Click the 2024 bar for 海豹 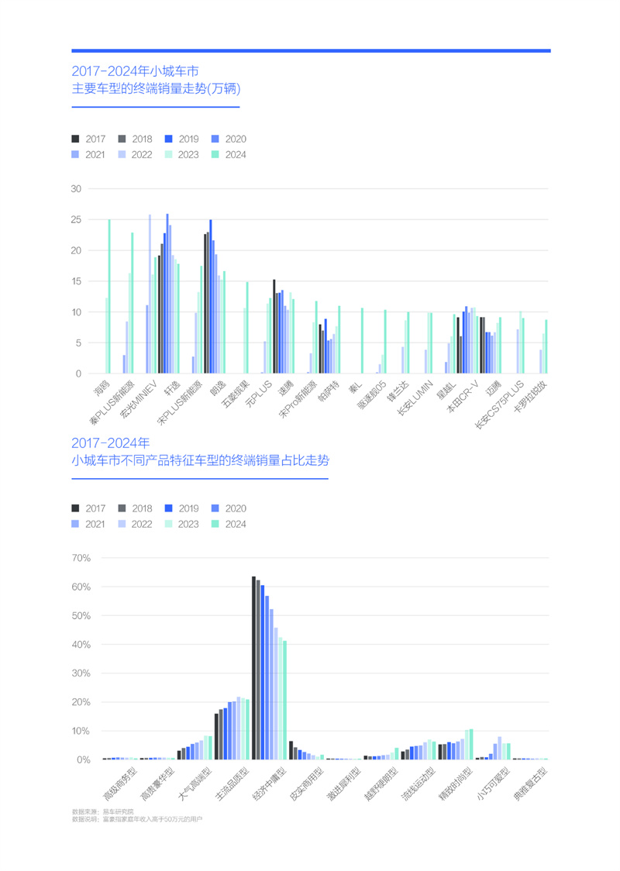109,296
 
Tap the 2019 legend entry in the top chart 182,139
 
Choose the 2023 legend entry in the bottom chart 182,524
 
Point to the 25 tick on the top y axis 76,219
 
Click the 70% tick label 81,558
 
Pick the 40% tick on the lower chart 81,645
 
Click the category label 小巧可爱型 493,784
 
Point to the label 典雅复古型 530,784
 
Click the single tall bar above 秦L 362,341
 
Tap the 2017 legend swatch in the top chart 75,139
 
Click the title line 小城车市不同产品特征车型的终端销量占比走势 200,461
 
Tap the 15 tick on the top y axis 76,281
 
